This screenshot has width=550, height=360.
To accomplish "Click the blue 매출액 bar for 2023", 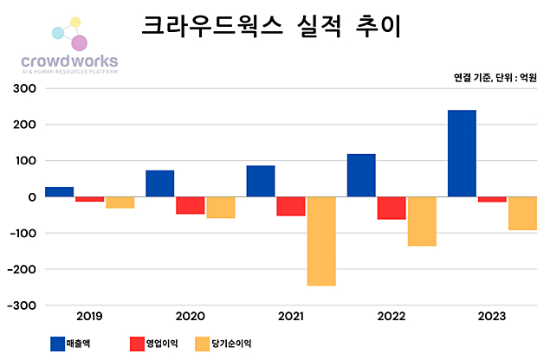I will point(462,153).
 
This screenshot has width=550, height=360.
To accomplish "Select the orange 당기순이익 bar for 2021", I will point(321,241).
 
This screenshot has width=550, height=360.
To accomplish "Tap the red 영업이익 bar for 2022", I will point(391,208).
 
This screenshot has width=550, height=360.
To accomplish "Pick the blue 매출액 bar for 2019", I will point(59,191).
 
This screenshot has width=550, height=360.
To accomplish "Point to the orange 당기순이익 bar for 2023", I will point(522,213).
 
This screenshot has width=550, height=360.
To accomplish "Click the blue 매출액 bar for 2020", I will point(159,183).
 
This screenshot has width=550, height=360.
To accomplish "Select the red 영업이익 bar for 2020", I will point(191,205).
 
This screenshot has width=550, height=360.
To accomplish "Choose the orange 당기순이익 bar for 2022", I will point(422,222).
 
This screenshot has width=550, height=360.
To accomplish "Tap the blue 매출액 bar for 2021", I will point(261,181).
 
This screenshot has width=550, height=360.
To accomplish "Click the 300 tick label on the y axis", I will point(23,88).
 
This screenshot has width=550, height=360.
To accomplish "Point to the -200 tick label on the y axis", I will point(21,269).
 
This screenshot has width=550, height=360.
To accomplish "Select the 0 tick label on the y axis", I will point(31,197).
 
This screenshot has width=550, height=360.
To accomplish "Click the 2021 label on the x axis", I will point(292,317).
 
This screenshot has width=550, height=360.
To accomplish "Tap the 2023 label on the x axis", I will point(492,317).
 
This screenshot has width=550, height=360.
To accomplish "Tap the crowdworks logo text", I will point(68,61).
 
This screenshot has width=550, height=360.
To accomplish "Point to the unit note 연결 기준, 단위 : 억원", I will point(495,77).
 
